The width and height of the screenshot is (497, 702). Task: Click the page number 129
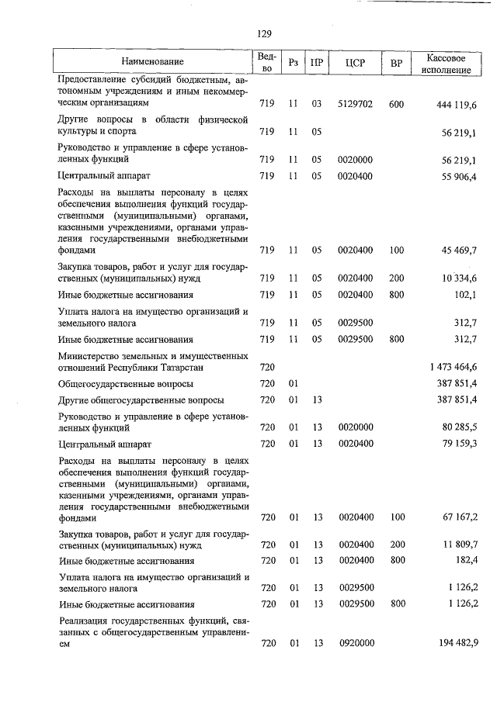[x=263, y=33]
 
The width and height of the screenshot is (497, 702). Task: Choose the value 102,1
[x=464, y=295]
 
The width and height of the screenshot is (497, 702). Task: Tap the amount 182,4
[x=464, y=561]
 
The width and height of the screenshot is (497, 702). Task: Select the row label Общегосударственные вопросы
[x=125, y=384]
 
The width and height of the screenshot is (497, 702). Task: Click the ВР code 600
[x=396, y=104]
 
